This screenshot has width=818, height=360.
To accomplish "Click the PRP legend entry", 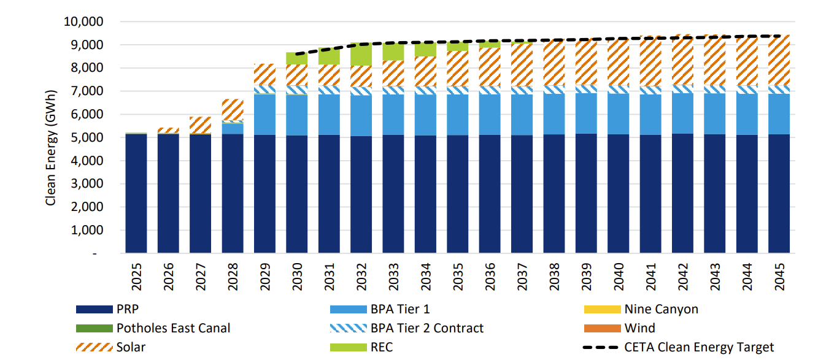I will pyautogui.click(x=128, y=310).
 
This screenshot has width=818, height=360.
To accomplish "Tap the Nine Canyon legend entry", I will pyautogui.click(x=661, y=310).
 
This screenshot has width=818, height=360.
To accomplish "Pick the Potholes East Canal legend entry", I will pyautogui.click(x=173, y=328).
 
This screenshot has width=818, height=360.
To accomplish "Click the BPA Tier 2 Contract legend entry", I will pyautogui.click(x=426, y=328).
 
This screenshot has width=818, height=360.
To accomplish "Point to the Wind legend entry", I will pyautogui.click(x=639, y=328).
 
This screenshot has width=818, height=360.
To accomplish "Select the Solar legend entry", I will pyautogui.click(x=131, y=347).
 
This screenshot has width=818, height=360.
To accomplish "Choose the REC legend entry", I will pyautogui.click(x=381, y=347).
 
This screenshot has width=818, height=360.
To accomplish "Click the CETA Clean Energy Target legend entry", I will pyautogui.click(x=699, y=347).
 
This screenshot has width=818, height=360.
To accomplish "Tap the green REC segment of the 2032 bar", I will pyautogui.click(x=361, y=55).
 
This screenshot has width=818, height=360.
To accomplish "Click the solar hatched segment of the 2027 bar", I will pyautogui.click(x=200, y=125).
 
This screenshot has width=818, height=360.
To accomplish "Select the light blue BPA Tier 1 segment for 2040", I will pyautogui.click(x=618, y=113).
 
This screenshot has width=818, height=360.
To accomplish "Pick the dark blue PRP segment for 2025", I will pyautogui.click(x=136, y=193).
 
